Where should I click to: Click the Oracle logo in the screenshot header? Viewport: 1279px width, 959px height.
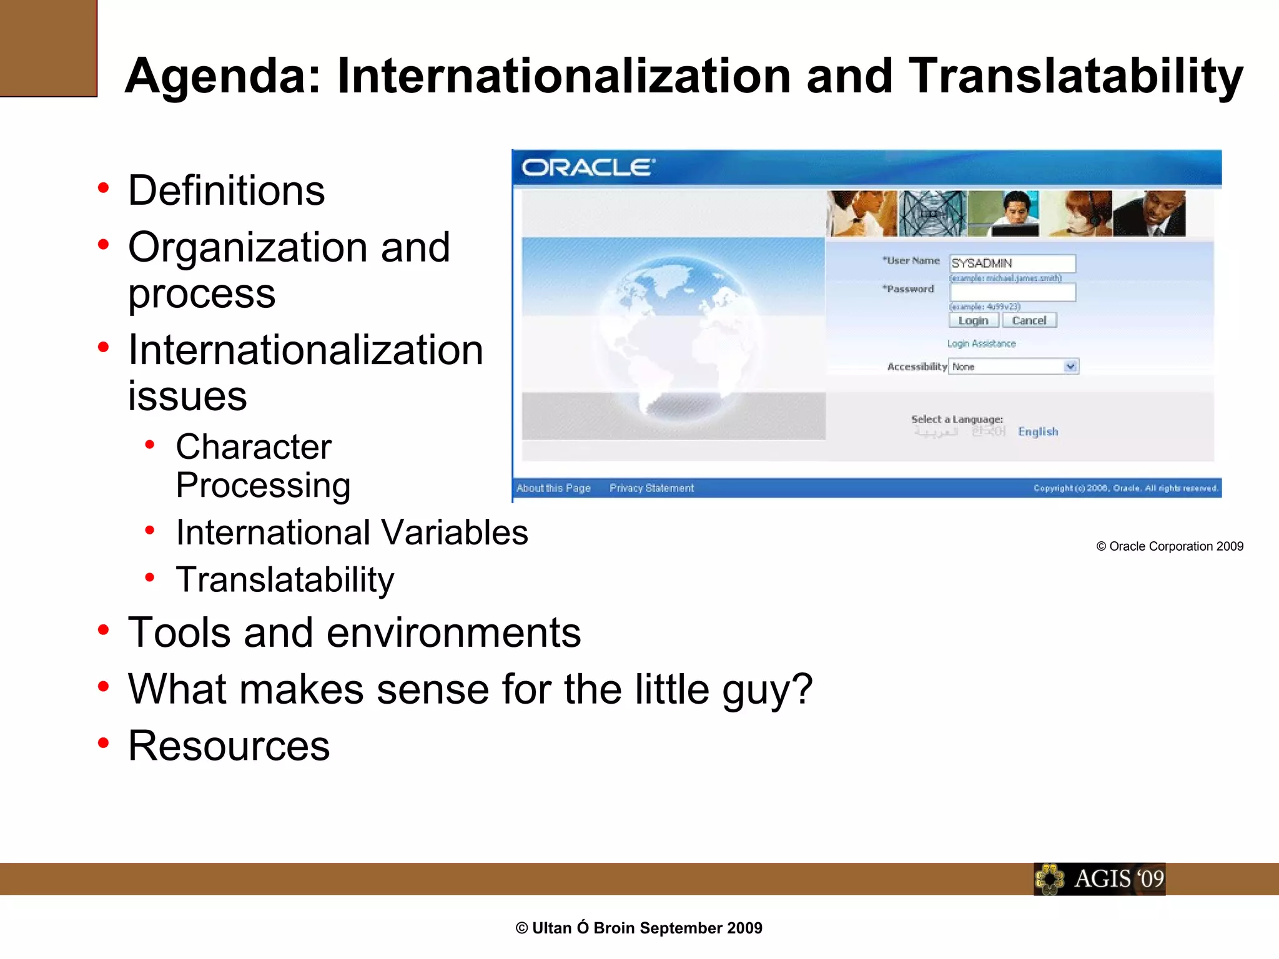click(588, 167)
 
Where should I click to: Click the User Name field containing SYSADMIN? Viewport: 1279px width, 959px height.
click(1012, 263)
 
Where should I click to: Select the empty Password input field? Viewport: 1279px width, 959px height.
click(1012, 292)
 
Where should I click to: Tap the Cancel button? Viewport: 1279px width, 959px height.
click(1029, 320)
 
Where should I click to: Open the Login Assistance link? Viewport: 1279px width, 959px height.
click(981, 343)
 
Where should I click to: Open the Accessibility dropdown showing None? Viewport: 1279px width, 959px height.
click(1013, 366)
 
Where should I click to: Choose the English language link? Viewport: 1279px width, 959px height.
click(1038, 431)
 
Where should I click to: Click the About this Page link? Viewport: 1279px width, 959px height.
click(553, 488)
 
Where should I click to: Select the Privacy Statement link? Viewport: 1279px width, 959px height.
click(651, 488)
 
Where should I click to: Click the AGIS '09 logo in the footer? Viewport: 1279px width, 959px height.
click(1100, 879)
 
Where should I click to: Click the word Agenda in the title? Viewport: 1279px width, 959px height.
click(222, 76)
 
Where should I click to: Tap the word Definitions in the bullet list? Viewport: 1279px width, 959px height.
click(226, 190)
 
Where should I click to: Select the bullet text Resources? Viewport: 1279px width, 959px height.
click(229, 745)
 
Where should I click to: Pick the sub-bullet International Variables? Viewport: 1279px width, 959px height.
click(352, 533)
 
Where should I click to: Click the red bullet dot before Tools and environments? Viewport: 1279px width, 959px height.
click(104, 630)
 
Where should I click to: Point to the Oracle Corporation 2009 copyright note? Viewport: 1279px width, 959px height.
click(1169, 546)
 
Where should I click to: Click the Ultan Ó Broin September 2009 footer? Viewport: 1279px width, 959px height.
click(639, 928)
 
